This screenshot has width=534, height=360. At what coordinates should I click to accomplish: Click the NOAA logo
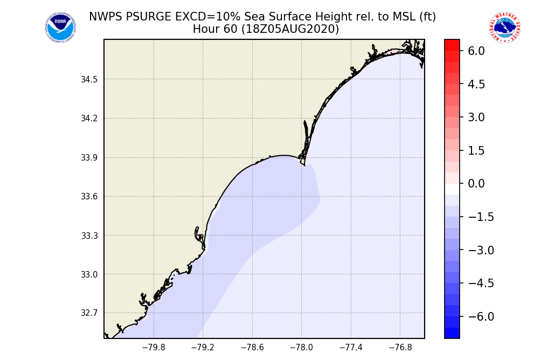(60, 27)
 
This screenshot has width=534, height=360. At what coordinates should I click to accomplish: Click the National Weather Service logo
(504, 27)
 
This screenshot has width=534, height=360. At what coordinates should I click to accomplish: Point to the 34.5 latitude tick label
(89, 80)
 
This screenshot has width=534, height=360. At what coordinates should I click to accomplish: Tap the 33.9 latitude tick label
(89, 158)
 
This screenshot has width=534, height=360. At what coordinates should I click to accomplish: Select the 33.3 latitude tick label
(89, 236)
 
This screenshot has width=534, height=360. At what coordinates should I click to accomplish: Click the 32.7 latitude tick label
(89, 313)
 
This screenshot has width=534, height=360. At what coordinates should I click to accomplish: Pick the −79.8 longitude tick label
(153, 348)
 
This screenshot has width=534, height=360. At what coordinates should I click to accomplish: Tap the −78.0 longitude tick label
(301, 348)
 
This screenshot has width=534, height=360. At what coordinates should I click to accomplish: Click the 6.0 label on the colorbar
(476, 51)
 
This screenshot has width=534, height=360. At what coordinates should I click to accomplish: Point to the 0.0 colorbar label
(476, 184)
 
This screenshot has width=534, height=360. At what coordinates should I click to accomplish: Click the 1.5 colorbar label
(476, 150)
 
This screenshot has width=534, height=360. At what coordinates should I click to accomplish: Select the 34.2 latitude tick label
(89, 119)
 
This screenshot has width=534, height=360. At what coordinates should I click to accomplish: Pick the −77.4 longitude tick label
(351, 348)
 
